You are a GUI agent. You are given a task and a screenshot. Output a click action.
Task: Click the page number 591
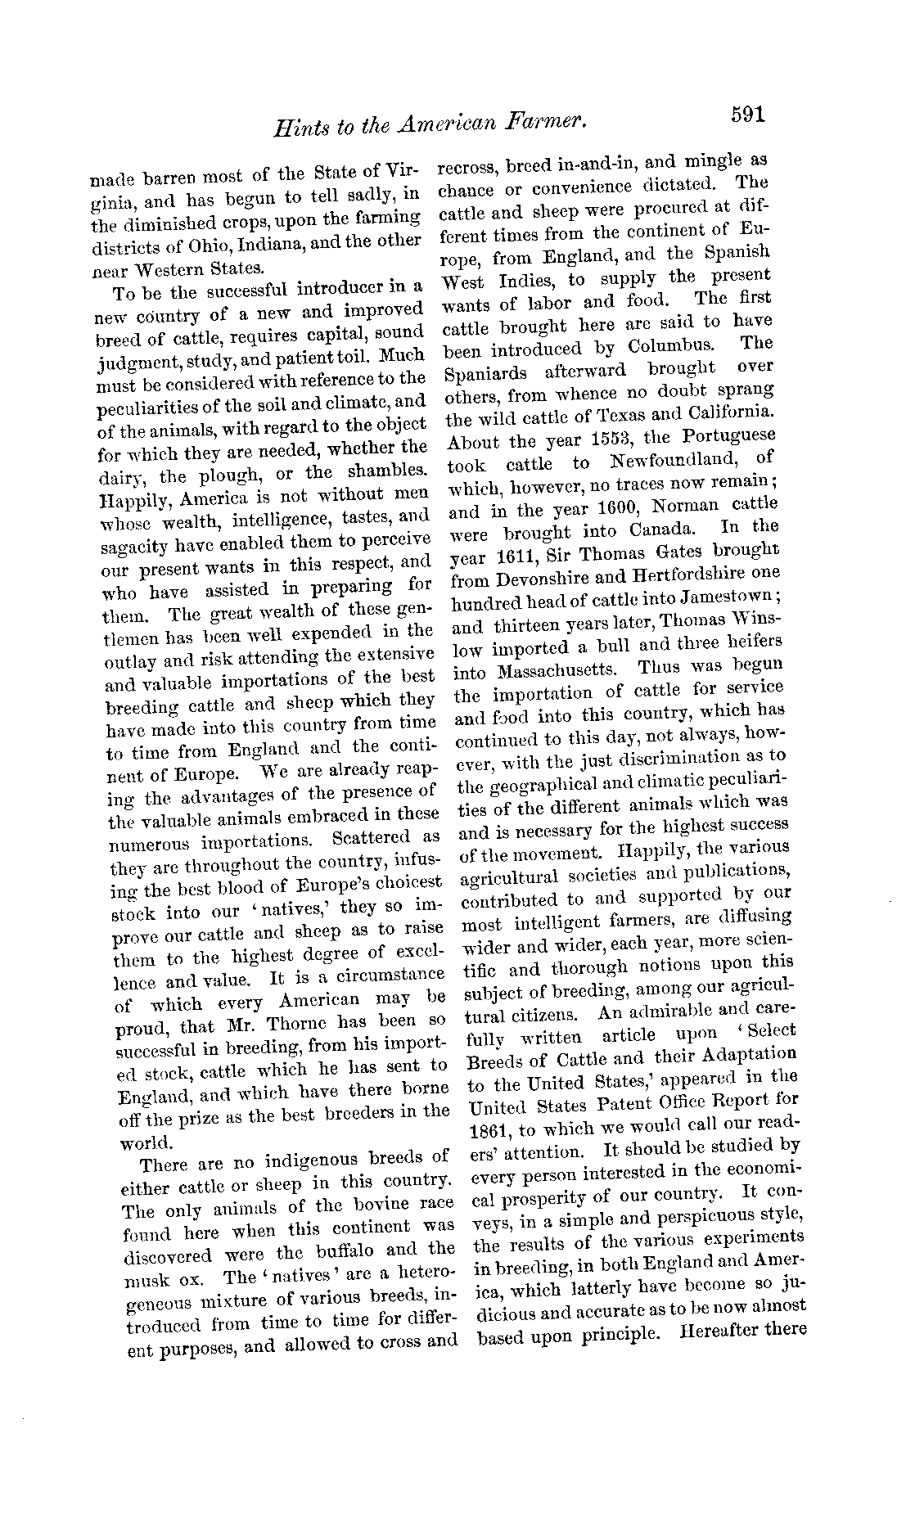tap(747, 115)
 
